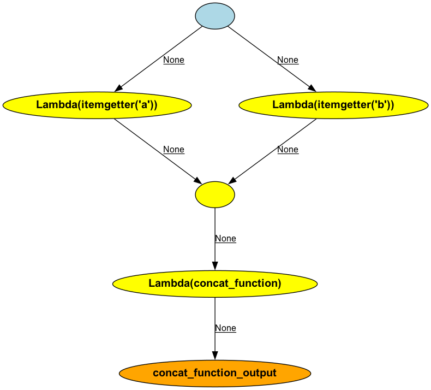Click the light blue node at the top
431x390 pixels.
coord(215,16)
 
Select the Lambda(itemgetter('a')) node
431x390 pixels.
coord(97,105)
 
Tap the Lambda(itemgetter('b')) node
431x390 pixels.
coord(333,105)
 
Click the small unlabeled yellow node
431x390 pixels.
coord(215,194)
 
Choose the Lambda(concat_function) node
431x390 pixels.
coord(215,283)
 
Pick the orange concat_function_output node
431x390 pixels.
coord(215,373)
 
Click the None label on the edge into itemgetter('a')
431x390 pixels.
coord(173,60)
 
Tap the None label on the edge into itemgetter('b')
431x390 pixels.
coord(288,60)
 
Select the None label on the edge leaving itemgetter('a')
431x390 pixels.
coord(173,150)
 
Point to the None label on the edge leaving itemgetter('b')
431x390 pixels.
coord(288,150)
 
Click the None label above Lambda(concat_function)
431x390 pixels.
coord(225,239)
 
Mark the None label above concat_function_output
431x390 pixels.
coord(225,328)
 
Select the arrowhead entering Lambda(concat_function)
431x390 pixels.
coord(215,266)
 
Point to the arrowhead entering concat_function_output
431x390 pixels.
coord(215,355)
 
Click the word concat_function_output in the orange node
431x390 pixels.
coord(215,373)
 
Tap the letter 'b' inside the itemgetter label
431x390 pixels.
coord(379,105)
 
